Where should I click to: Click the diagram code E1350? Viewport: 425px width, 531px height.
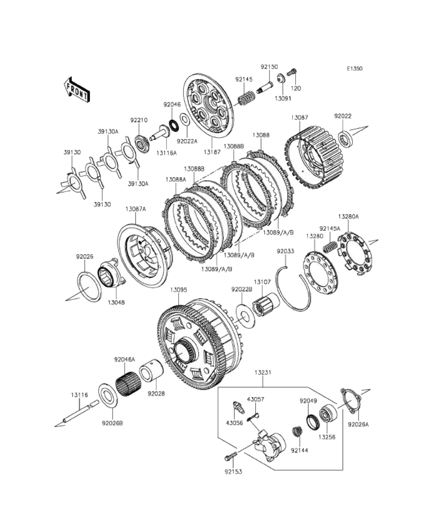point(354,68)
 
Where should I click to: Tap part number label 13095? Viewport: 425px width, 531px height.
point(178,290)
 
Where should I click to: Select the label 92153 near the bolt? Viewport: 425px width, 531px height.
point(234,472)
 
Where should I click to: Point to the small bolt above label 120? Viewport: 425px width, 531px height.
point(293,72)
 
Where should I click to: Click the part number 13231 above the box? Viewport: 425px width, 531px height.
point(263,372)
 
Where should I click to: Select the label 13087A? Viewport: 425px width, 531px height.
point(135,209)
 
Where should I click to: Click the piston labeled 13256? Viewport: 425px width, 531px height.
point(327,415)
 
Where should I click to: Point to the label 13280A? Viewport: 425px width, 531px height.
point(349,216)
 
